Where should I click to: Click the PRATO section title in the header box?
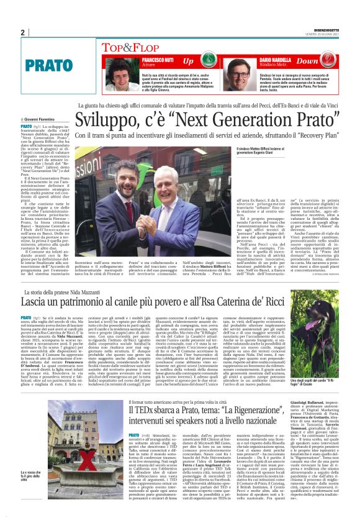[x=49, y=65]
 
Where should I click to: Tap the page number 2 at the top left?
[x=22, y=33]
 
